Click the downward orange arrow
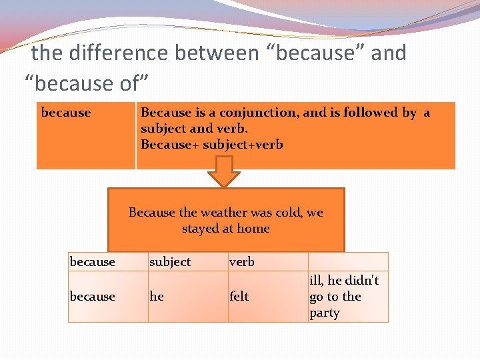tap(224, 172)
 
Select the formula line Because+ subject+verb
tap(212, 145)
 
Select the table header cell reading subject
tap(170, 262)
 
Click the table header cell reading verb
tap(242, 262)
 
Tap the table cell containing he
tap(157, 297)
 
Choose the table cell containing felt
tap(239, 297)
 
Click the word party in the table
tap(325, 313)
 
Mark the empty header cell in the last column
tap(347, 261)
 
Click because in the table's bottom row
tap(93, 297)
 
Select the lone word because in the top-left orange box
tap(66, 113)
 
